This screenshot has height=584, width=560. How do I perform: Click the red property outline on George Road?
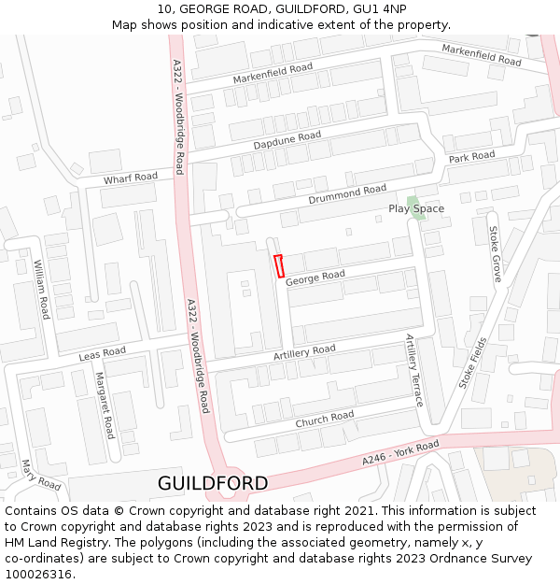279,266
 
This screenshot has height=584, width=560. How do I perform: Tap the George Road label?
315,278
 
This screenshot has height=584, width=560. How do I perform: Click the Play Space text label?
416,208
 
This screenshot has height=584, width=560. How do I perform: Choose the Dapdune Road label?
287,141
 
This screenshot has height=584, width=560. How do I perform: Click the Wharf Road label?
131,178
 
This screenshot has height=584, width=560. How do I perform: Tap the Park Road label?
471,157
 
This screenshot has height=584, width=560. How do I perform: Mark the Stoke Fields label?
473,363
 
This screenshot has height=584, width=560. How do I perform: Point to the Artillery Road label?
304,352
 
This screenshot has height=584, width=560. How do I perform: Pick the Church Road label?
325,420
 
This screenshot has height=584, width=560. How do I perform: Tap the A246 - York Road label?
400,455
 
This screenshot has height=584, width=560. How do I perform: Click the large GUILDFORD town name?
213,483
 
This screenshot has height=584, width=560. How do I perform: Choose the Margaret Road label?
105,405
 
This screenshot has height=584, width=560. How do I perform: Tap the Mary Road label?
41,475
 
